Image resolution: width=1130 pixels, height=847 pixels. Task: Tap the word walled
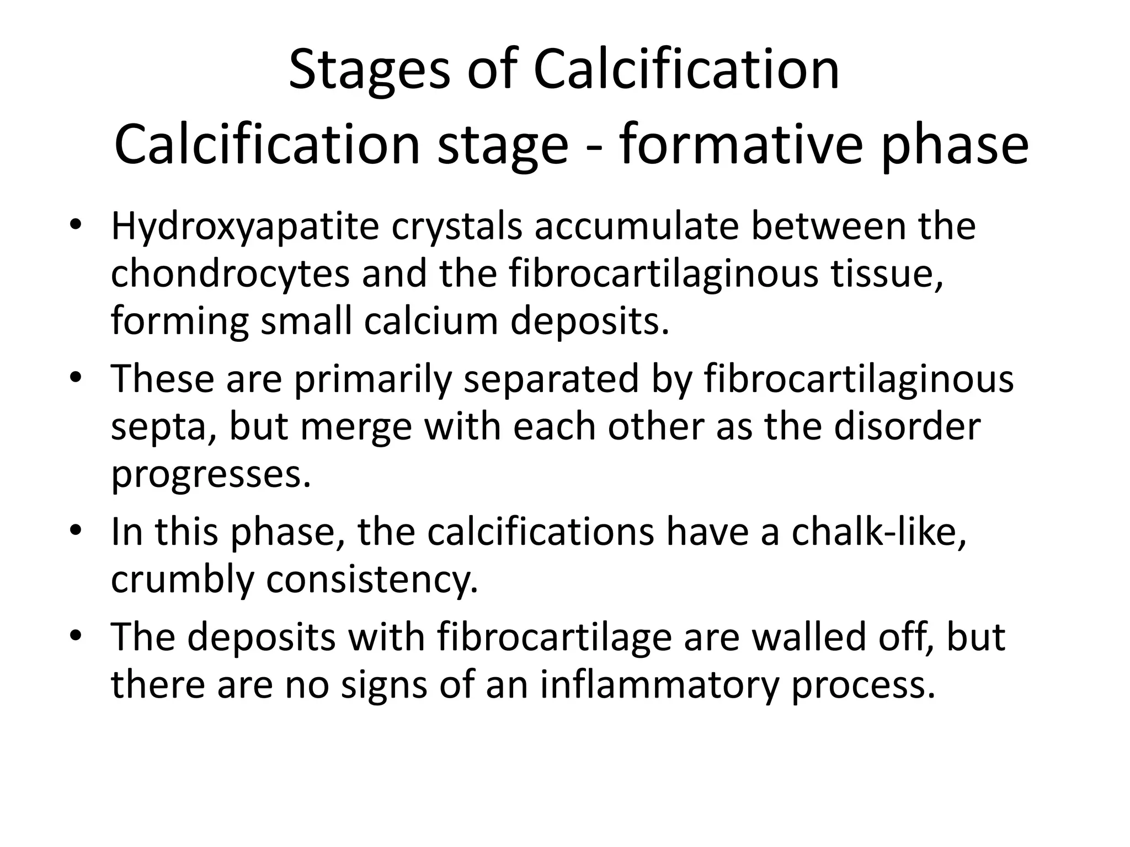point(811,637)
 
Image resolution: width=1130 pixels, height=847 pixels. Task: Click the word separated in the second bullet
point(551,380)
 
